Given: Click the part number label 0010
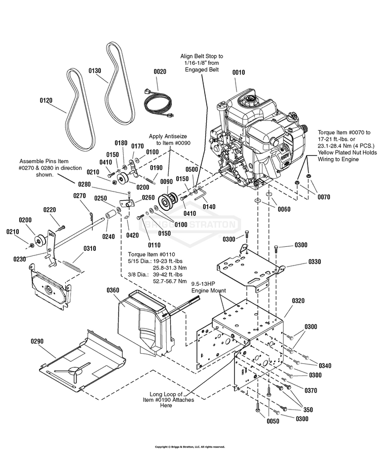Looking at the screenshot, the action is pyautogui.click(x=239, y=72).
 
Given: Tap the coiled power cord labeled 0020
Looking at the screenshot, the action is pyautogui.click(x=158, y=104).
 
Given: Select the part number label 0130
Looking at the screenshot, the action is pyautogui.click(x=95, y=70).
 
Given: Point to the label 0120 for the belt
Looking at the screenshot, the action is pyautogui.click(x=46, y=100).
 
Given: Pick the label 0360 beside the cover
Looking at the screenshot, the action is pyautogui.click(x=113, y=290).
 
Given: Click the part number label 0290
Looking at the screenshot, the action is pyautogui.click(x=37, y=341).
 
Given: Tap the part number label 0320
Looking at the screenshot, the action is pyautogui.click(x=298, y=301).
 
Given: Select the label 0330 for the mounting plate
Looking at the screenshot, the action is pyautogui.click(x=315, y=261).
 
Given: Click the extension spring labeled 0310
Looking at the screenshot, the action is pyautogui.click(x=72, y=266).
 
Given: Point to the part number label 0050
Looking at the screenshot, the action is pyautogui.click(x=273, y=421).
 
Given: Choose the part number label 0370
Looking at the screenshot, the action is pyautogui.click(x=311, y=390).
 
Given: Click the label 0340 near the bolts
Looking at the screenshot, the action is pyautogui.click(x=325, y=366).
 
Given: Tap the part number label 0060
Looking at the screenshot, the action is pyautogui.click(x=284, y=209).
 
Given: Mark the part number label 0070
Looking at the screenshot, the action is pyautogui.click(x=324, y=197).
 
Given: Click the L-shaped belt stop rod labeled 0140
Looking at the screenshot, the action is pyautogui.click(x=201, y=194).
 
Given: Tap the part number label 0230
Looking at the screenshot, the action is pyautogui.click(x=19, y=259).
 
